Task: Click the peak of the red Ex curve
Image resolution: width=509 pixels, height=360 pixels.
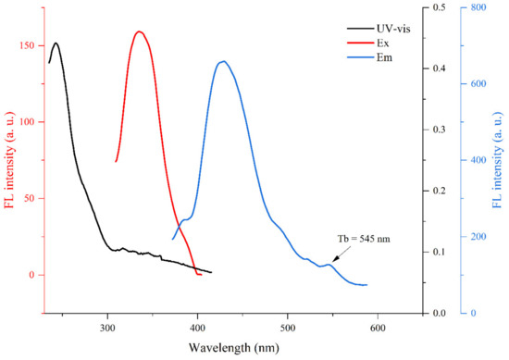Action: [140, 31]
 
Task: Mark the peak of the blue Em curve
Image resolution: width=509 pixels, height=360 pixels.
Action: [222, 61]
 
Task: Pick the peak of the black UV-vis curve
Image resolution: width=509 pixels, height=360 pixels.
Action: [56, 43]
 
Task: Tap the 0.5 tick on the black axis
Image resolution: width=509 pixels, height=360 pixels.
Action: [435, 7]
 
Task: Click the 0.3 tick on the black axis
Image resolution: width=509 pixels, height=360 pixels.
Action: [435, 130]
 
